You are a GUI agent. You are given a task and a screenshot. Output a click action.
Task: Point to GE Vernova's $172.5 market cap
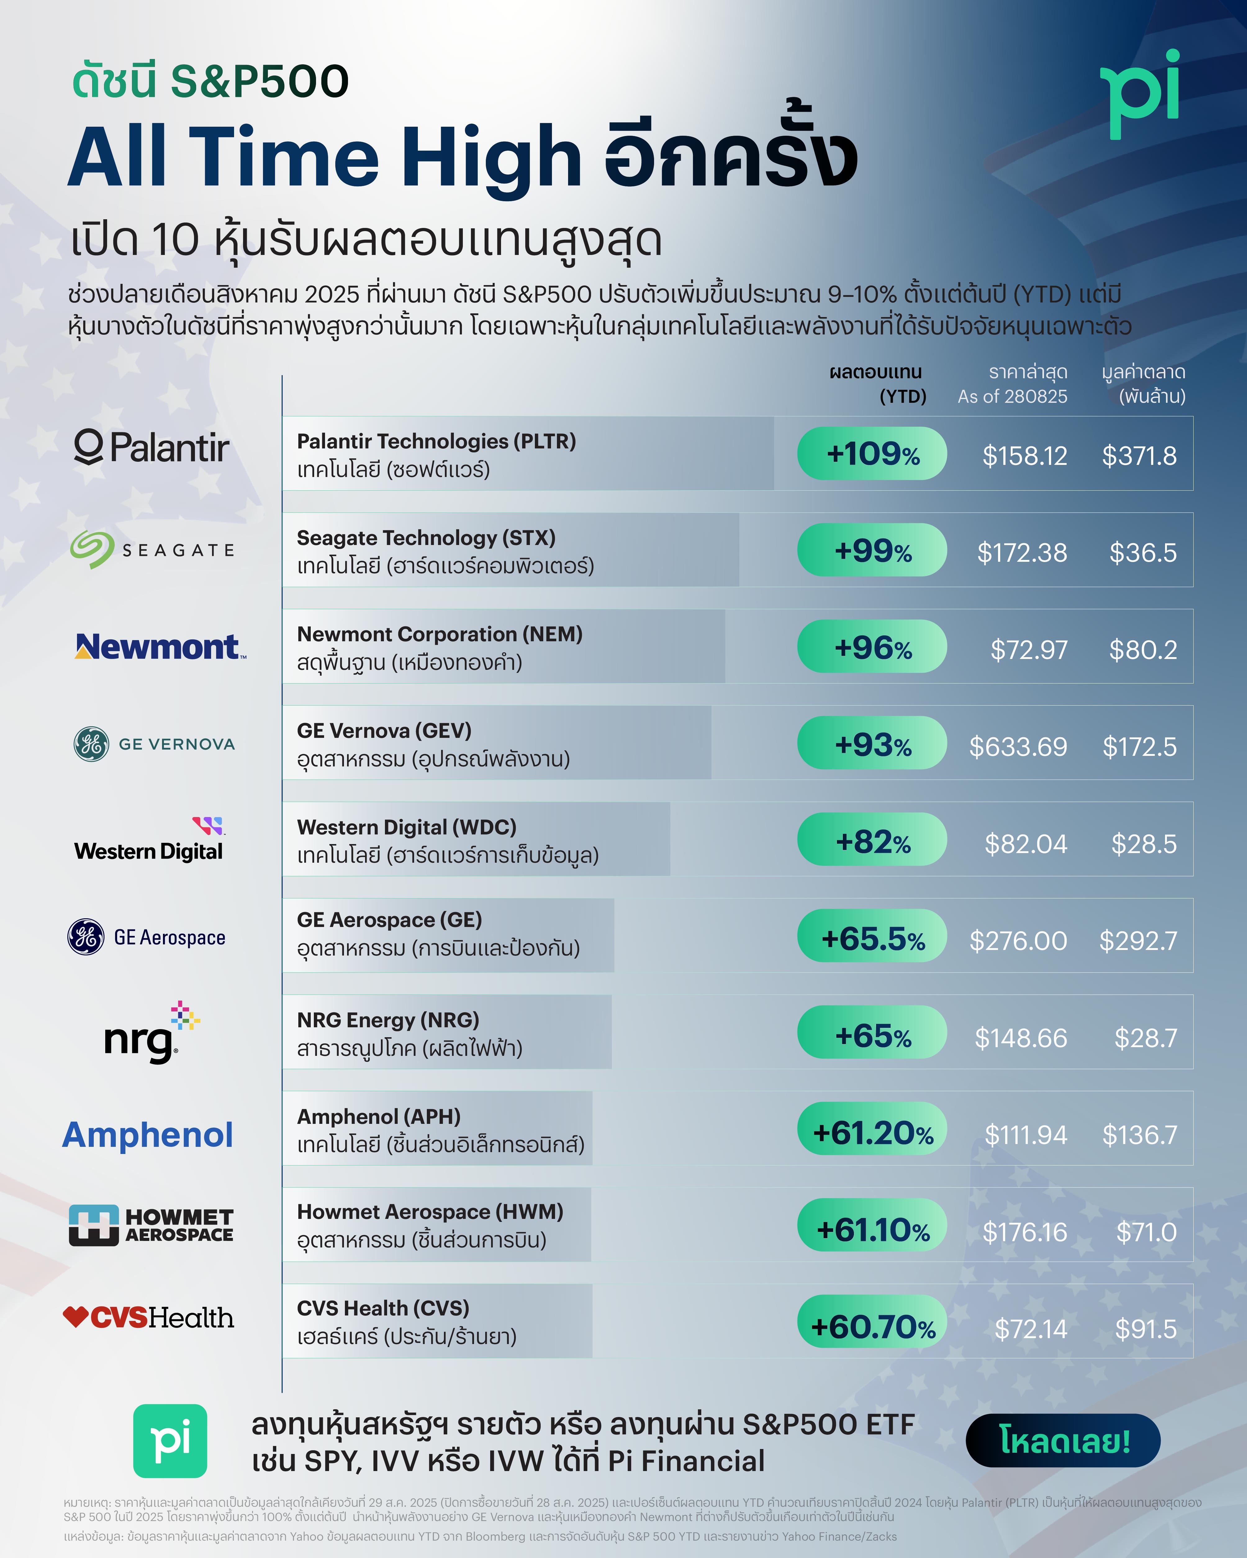pos(1139,747)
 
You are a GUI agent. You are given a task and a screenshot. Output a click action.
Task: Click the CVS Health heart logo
pos(75,1317)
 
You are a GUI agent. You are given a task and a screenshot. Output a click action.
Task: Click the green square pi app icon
pos(170,1440)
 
